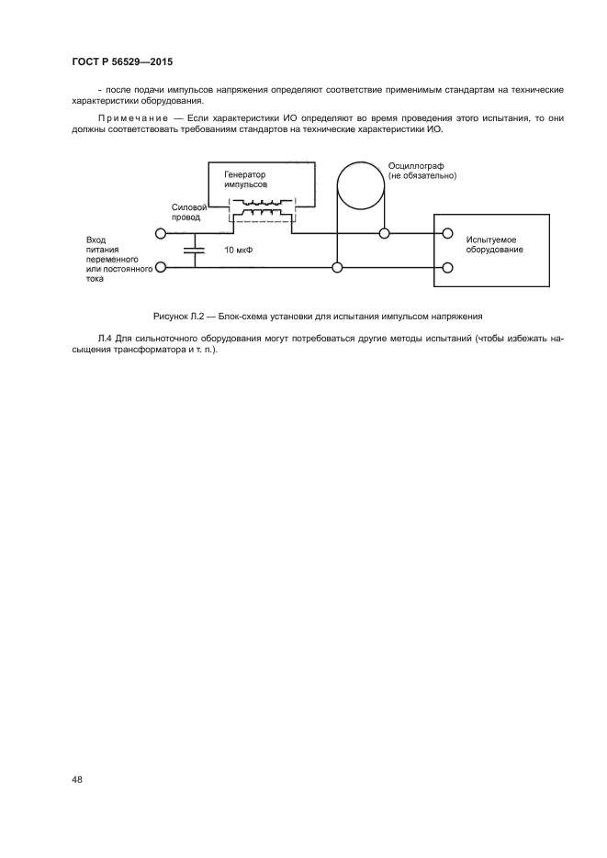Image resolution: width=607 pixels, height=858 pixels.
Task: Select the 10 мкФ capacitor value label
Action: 239,250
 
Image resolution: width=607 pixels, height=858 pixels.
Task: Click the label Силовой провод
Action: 187,213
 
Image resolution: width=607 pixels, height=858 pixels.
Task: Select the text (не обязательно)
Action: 422,175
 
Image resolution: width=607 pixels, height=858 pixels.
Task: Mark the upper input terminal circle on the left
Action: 161,233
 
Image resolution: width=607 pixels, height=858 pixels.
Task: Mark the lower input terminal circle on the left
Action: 161,268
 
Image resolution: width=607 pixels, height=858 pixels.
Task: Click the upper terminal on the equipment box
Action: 447,233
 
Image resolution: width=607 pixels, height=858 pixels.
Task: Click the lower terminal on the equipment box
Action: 447,268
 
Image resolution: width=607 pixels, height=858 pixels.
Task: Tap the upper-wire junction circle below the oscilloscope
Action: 384,233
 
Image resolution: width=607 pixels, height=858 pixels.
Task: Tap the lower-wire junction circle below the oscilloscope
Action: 337,268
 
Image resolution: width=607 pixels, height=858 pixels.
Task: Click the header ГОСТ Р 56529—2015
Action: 122,62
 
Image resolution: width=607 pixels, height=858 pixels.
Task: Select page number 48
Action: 77,779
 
